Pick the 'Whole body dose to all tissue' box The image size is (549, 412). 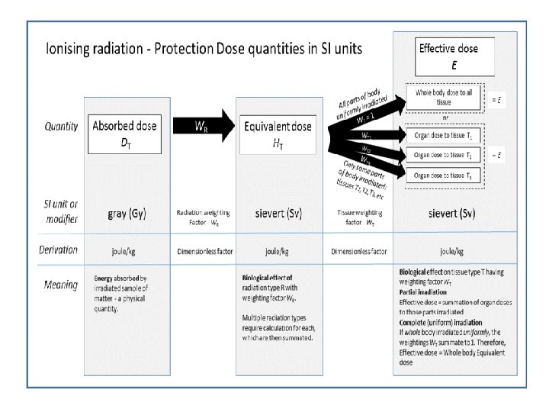coord(444,98)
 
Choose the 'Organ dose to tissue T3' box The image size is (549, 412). coord(445,175)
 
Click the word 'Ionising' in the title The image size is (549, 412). coord(70,50)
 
